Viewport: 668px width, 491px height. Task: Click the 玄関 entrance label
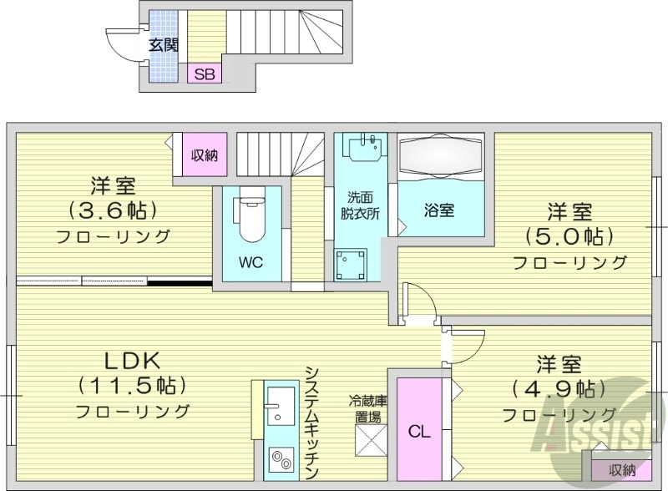tap(164, 45)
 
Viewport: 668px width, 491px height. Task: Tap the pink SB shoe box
tap(205, 74)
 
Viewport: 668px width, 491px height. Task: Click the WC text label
tap(250, 261)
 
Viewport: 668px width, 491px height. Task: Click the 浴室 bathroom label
tap(441, 210)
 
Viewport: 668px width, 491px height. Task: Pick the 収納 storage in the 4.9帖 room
tap(622, 470)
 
